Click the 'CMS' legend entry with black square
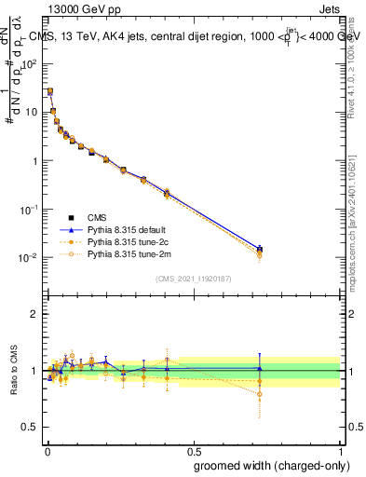[97, 216]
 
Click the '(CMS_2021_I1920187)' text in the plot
[194, 278]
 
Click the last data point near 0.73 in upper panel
[260, 250]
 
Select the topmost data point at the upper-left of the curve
[50, 91]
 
